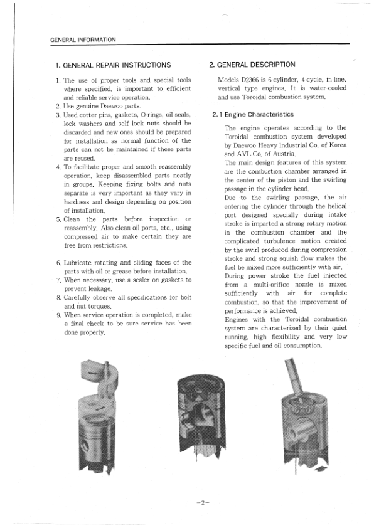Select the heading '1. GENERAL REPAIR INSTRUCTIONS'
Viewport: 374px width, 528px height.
pos(113,65)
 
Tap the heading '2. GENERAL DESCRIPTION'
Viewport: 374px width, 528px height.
pos(252,65)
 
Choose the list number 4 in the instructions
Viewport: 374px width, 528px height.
pos(58,167)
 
